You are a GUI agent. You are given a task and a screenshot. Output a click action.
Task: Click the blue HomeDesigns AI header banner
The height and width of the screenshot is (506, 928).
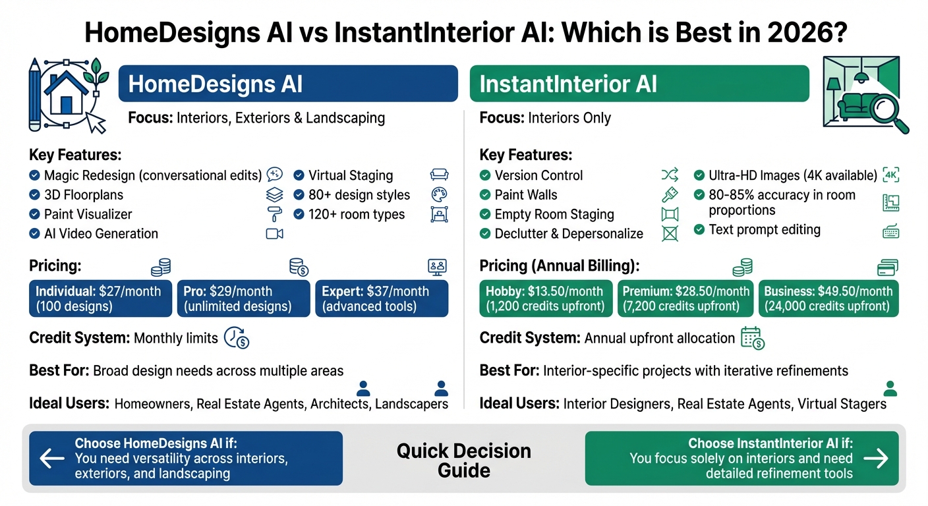(288, 84)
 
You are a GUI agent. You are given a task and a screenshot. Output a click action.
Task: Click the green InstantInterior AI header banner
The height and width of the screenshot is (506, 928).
(639, 84)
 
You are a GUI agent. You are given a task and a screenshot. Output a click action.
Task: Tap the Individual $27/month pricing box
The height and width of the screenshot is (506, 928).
(100, 298)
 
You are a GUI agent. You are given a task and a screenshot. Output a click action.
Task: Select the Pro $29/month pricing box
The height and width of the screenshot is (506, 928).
(243, 298)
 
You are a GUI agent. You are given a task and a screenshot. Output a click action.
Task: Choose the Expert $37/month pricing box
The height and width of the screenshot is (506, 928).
(382, 298)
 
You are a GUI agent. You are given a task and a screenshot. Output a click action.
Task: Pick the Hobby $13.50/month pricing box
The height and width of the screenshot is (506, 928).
(544, 298)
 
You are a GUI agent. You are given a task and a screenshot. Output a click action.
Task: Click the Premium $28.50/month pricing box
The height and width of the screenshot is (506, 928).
(686, 298)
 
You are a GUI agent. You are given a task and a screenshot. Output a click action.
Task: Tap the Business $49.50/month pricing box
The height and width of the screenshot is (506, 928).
(828, 298)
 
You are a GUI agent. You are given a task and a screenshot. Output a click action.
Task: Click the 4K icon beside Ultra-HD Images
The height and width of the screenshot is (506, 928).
(890, 175)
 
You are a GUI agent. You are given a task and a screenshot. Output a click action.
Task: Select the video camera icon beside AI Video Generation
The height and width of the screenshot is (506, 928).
(274, 233)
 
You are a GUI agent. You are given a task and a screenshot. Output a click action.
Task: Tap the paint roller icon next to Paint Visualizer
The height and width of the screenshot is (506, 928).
(274, 214)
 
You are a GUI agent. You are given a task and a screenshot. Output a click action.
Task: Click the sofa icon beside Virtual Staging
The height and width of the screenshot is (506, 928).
(439, 175)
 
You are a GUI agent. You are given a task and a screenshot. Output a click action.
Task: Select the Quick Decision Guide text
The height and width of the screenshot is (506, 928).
(463, 461)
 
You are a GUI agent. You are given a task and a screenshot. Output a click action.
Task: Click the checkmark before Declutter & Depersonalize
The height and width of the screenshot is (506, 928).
(485, 233)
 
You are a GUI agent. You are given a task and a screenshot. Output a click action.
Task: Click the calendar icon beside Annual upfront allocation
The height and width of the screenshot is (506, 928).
(752, 338)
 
